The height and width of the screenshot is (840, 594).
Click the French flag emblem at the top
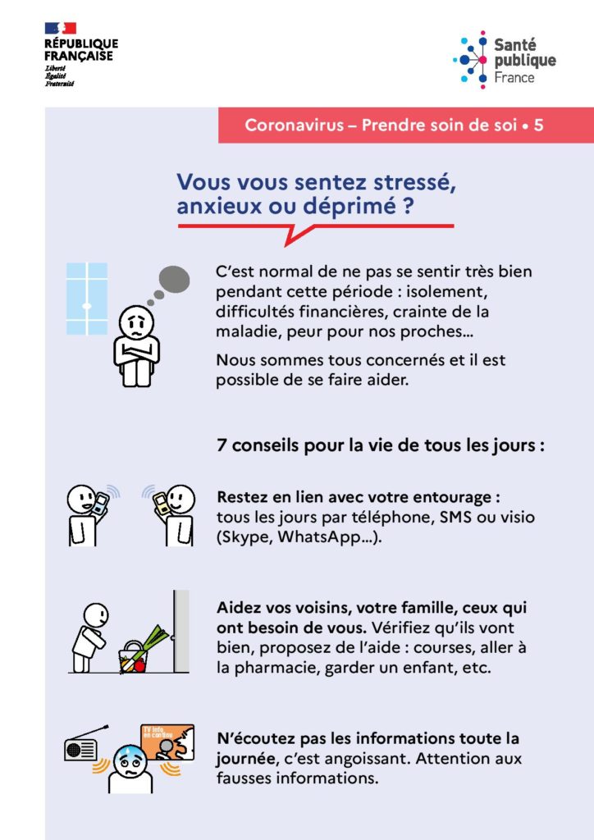(x=61, y=29)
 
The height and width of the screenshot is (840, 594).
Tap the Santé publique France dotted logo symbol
(x=471, y=59)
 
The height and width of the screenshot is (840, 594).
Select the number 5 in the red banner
(x=538, y=125)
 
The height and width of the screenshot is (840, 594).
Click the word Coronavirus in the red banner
(x=294, y=125)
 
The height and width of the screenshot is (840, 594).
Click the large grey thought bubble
(x=175, y=279)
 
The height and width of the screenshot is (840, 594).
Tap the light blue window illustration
(x=87, y=299)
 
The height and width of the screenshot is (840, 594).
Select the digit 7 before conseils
(x=222, y=445)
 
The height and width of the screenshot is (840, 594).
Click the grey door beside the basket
(x=181, y=631)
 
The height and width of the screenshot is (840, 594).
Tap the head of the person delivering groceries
(x=97, y=614)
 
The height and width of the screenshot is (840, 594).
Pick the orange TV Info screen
(x=167, y=742)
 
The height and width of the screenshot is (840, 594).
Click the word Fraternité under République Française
(x=59, y=84)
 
